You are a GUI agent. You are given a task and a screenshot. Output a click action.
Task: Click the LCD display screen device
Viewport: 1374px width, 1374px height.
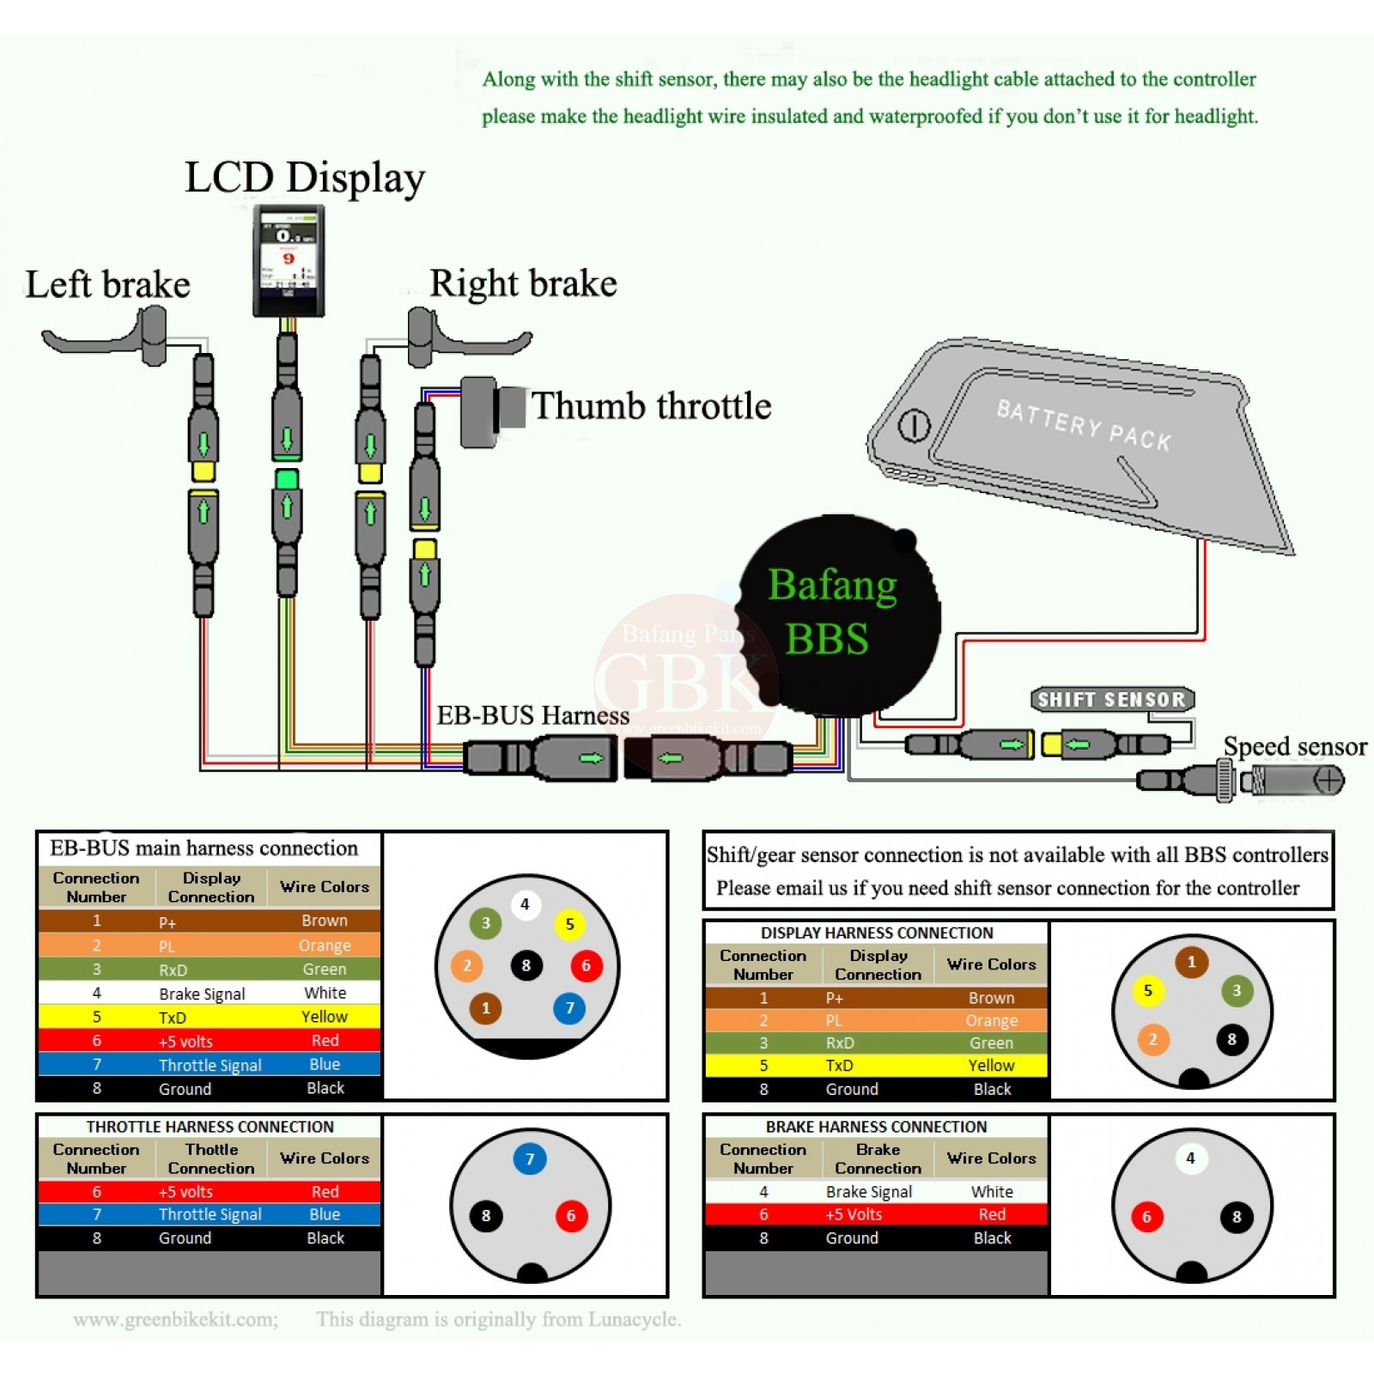coord(289,260)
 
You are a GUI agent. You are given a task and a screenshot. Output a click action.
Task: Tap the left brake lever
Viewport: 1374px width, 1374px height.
coord(103,341)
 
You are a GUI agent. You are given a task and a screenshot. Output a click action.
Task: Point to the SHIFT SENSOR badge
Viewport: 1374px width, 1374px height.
coord(1112,699)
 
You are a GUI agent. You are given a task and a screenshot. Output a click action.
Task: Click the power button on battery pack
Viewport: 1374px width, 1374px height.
coord(914,425)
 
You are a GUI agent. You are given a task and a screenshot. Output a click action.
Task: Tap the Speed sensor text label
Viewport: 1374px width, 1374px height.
coord(1294,746)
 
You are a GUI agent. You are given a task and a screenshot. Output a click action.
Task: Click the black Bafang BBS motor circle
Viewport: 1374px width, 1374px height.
coord(837,615)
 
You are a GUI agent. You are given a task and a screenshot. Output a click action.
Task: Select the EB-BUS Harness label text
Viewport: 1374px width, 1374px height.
coord(532,715)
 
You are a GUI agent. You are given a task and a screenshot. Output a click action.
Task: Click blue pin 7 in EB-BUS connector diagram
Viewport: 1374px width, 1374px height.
coord(569,1007)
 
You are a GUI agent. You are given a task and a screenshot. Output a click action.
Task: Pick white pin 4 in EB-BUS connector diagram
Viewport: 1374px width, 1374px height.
coord(525,904)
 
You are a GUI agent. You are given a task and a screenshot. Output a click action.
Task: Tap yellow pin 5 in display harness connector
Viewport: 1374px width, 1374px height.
coord(1147,990)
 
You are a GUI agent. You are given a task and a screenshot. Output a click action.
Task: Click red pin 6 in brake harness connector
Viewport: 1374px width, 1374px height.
coord(1146,1216)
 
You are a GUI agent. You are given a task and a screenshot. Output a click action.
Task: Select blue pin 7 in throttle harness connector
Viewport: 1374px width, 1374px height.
coord(530,1159)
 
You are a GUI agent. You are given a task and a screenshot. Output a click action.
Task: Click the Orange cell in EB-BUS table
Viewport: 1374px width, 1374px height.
coord(325,945)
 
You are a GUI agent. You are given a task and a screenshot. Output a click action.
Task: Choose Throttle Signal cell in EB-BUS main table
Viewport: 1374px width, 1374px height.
coord(210,1065)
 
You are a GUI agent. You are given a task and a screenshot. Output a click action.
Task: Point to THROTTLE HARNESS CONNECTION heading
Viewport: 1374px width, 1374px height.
coord(210,1127)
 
